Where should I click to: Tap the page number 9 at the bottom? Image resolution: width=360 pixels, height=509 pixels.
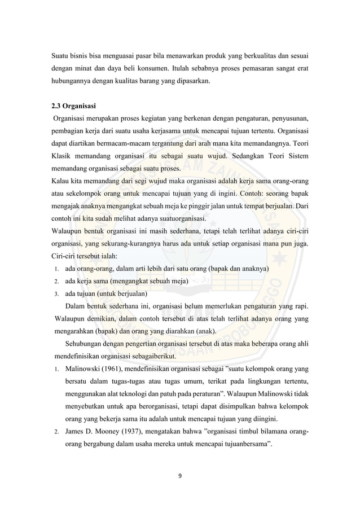click(179, 476)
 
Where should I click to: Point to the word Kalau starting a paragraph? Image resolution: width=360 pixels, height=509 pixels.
click(61, 181)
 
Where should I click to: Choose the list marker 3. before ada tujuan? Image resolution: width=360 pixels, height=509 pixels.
click(57, 294)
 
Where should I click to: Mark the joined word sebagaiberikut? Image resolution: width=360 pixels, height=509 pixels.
click(151, 356)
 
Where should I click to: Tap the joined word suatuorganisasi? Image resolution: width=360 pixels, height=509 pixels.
click(175, 218)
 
